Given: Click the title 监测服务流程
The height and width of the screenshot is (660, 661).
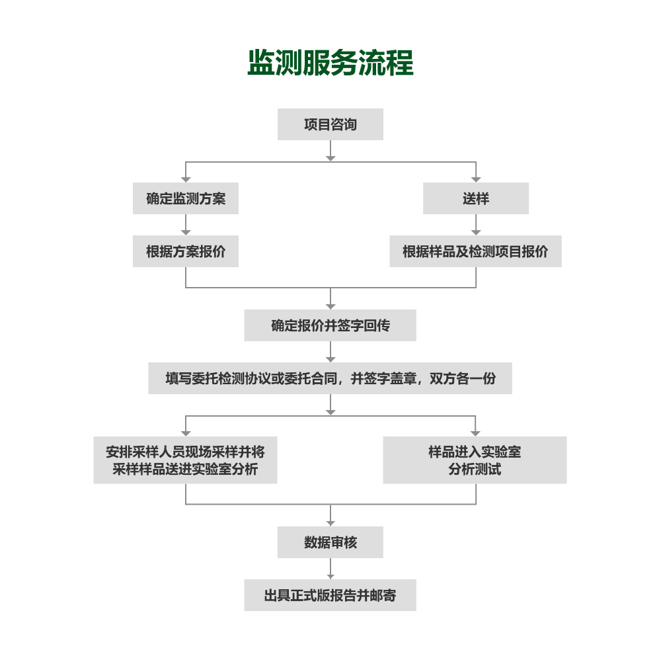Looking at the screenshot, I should click(330, 63).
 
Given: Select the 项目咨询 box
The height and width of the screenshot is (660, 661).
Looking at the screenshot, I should click(330, 124).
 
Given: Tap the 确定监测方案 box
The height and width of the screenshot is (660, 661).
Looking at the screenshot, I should click(186, 198).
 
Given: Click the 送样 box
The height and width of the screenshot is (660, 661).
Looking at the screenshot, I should click(476, 198).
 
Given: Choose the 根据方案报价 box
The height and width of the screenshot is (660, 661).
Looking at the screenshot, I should click(186, 251).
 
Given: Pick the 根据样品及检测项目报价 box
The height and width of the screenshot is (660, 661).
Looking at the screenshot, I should click(475, 251).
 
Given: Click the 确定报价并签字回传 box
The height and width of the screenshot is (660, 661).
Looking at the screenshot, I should click(330, 325).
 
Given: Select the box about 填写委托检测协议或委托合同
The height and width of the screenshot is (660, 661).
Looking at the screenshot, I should click(330, 378).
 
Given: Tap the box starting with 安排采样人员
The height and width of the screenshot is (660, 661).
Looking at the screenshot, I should click(186, 460).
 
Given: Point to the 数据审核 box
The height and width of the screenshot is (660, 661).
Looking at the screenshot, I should click(330, 542).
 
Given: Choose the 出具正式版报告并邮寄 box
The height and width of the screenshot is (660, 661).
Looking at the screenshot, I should click(330, 595).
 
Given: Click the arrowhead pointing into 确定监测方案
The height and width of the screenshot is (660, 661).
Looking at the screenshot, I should click(186, 179).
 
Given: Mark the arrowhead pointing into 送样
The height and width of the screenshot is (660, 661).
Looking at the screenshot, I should click(476, 179).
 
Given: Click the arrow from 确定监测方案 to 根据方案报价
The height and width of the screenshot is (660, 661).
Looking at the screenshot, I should click(186, 225).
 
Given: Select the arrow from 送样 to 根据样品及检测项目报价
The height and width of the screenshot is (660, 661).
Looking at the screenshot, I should click(476, 225).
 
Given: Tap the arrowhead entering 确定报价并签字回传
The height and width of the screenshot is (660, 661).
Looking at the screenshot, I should click(330, 306).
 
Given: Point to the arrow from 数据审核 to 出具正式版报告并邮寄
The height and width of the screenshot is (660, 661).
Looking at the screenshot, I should click(330, 569).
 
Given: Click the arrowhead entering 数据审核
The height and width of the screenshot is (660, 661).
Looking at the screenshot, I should click(330, 523).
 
